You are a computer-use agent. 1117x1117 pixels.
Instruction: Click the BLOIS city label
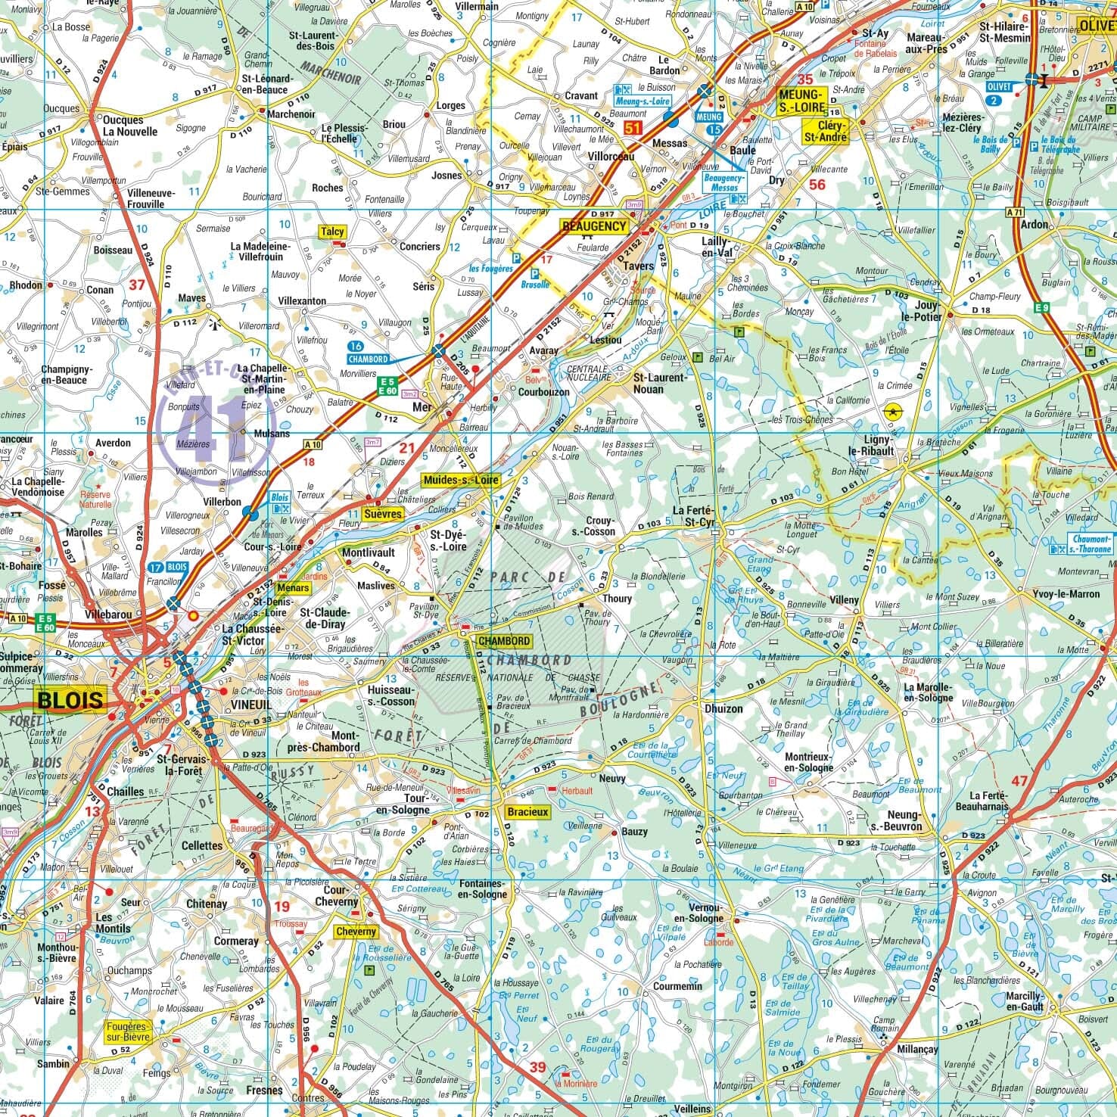tap(70, 699)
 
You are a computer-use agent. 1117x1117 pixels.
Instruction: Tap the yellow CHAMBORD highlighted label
tap(504, 641)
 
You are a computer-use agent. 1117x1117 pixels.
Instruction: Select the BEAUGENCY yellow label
tap(594, 226)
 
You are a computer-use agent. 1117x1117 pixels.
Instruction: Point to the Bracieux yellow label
tap(527, 812)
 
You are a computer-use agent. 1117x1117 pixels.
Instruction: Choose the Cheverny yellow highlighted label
tap(355, 931)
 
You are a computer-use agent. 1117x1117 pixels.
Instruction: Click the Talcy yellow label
tap(331, 232)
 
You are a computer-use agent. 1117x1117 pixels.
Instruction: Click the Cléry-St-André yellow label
tap(826, 131)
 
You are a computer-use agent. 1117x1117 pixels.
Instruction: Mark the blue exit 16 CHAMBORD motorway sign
tap(368, 353)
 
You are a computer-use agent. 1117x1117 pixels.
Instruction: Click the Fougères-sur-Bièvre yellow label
tap(128, 1031)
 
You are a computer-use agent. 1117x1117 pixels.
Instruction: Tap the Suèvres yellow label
tap(383, 513)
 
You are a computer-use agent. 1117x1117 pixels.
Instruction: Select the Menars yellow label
tap(293, 587)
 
